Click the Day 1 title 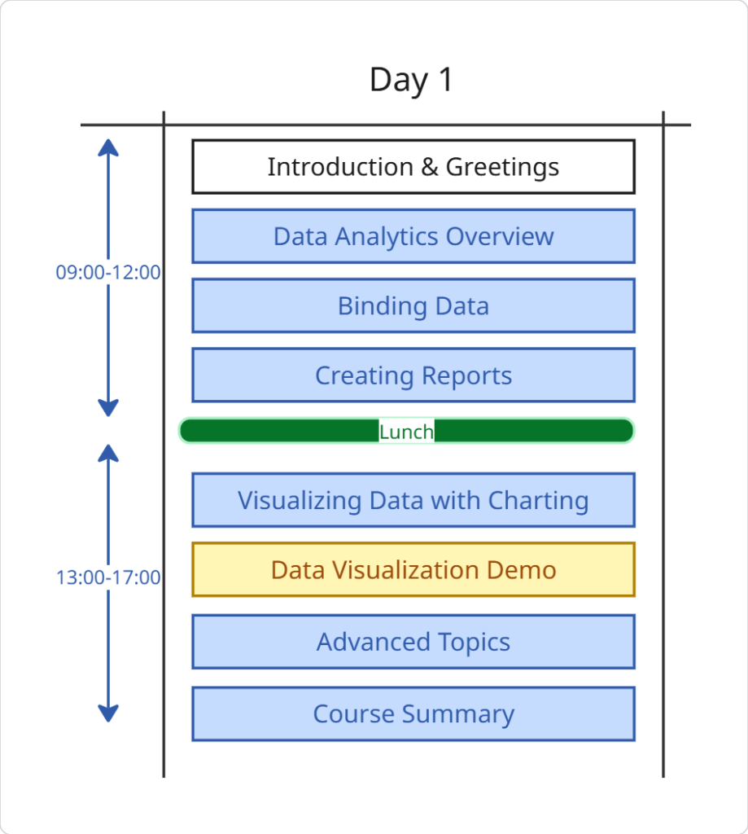411,81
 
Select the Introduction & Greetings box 413,166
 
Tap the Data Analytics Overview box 413,236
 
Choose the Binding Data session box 413,306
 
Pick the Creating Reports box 413,375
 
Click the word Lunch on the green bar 406,432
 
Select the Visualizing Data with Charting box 413,500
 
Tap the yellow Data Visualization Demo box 413,569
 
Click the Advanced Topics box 413,642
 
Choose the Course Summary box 413,713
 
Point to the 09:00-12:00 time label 108,272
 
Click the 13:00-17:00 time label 108,577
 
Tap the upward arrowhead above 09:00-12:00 108,147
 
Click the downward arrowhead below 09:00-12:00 108,408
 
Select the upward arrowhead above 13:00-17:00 108,453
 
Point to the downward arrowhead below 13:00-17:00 108,713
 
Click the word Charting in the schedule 538,502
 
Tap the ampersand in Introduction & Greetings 430,167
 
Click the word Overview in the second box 500,237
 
